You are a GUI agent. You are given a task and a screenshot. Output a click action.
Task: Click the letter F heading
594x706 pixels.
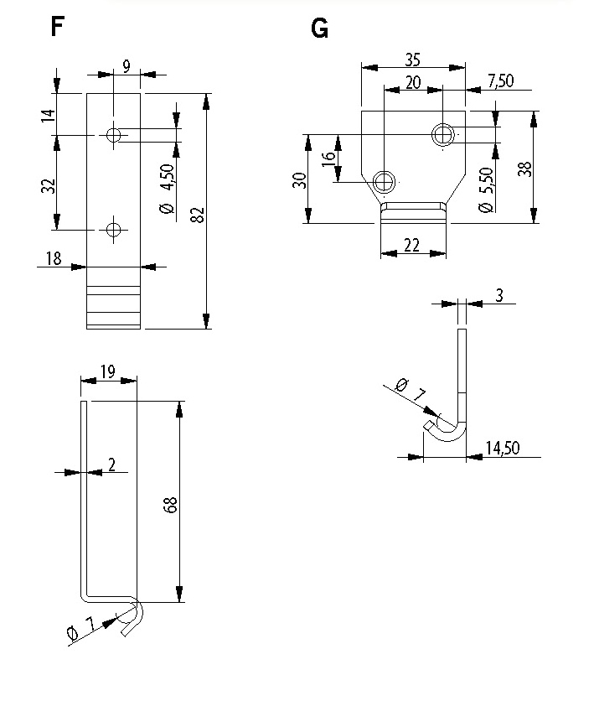58,26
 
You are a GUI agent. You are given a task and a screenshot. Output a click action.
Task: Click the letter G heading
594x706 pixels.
319,29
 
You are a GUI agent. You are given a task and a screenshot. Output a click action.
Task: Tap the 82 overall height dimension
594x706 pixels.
199,215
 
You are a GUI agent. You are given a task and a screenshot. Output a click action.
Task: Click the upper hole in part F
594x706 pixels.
113,135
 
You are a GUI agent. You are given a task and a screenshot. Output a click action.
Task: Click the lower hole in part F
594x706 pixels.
113,230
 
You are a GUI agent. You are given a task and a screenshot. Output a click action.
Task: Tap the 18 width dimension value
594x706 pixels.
54,258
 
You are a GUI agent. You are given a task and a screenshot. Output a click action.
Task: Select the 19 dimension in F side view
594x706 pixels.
108,372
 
